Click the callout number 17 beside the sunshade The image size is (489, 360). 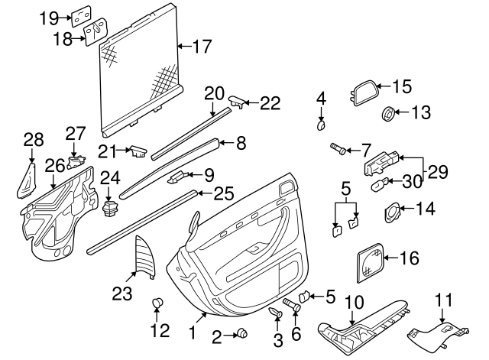tap(201, 47)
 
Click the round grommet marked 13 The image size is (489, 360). tap(389, 115)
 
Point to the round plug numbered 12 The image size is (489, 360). tap(158, 304)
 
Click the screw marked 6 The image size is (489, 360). tap(289, 306)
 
